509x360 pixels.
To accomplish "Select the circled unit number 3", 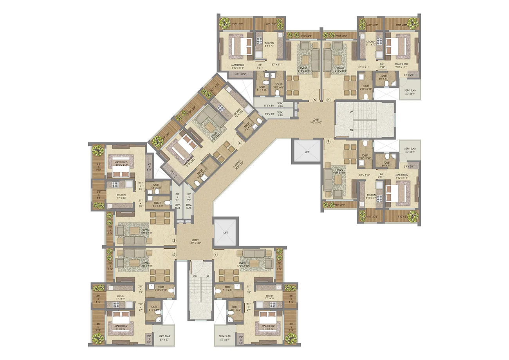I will point(175,241).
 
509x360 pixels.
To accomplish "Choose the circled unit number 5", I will point(315,99).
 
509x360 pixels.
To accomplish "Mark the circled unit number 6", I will point(329,99).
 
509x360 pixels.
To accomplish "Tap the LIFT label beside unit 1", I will point(226,232).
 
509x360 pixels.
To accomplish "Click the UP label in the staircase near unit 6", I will point(351,112).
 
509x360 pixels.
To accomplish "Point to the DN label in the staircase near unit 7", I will point(351,130).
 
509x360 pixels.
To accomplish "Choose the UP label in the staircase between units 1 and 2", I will point(207,277).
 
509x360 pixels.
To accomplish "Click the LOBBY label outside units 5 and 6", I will point(316,119).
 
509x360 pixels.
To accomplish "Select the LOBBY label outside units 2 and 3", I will point(195,241).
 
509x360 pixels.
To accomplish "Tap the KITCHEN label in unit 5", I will point(269,43).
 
